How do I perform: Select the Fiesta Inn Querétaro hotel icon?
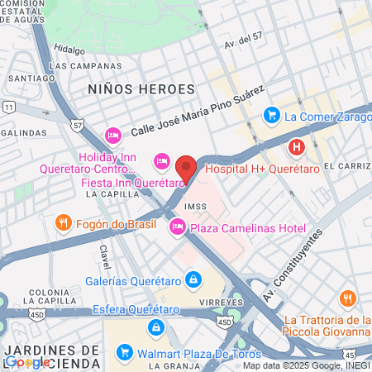(163, 160)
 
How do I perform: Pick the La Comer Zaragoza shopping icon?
(271, 115)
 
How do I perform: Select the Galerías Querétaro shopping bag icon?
(193, 279)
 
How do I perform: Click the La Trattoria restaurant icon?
(348, 298)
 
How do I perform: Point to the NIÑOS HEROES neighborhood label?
(141, 88)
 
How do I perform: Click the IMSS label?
(195, 207)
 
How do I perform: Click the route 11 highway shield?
(8, 107)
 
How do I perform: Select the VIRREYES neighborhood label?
(222, 303)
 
